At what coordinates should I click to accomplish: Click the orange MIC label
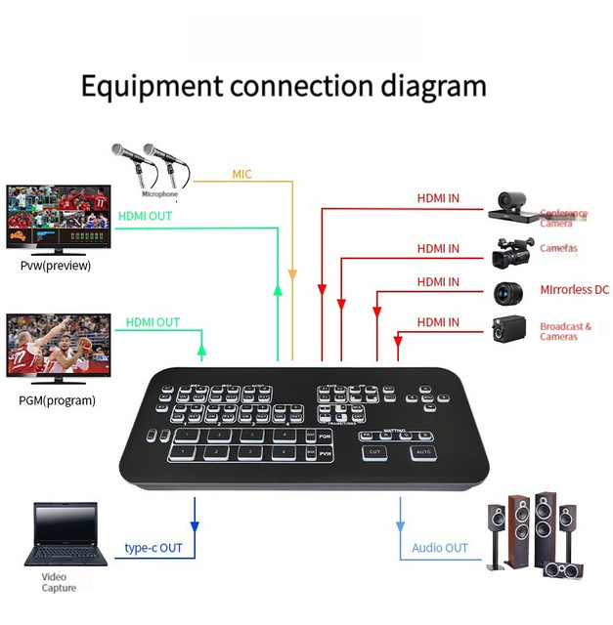(x=241, y=174)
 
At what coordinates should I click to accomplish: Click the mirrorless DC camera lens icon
(x=507, y=291)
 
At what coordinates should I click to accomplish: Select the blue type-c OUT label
(x=154, y=548)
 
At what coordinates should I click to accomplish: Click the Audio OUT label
(x=439, y=548)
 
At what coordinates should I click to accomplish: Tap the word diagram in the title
(x=430, y=86)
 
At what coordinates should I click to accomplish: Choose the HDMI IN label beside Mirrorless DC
(x=438, y=282)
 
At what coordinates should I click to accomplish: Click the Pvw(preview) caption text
(x=56, y=266)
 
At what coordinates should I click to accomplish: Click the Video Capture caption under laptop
(x=59, y=582)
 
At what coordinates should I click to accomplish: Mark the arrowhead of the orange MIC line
(x=292, y=276)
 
